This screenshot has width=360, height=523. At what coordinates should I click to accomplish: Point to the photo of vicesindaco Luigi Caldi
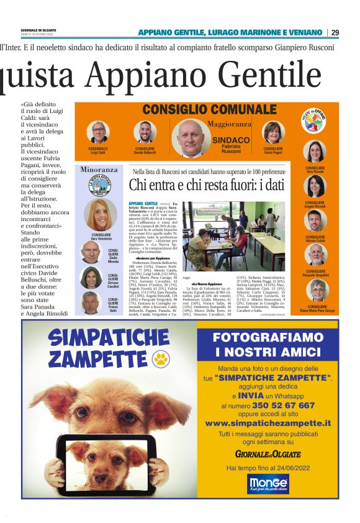[98, 133]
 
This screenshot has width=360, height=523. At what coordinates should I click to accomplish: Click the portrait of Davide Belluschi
[145, 133]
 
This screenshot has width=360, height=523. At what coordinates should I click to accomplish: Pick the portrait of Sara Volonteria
[99, 215]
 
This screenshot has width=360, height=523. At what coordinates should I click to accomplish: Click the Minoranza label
[99, 169]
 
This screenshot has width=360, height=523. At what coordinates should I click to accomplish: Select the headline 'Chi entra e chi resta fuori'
[205, 185]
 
